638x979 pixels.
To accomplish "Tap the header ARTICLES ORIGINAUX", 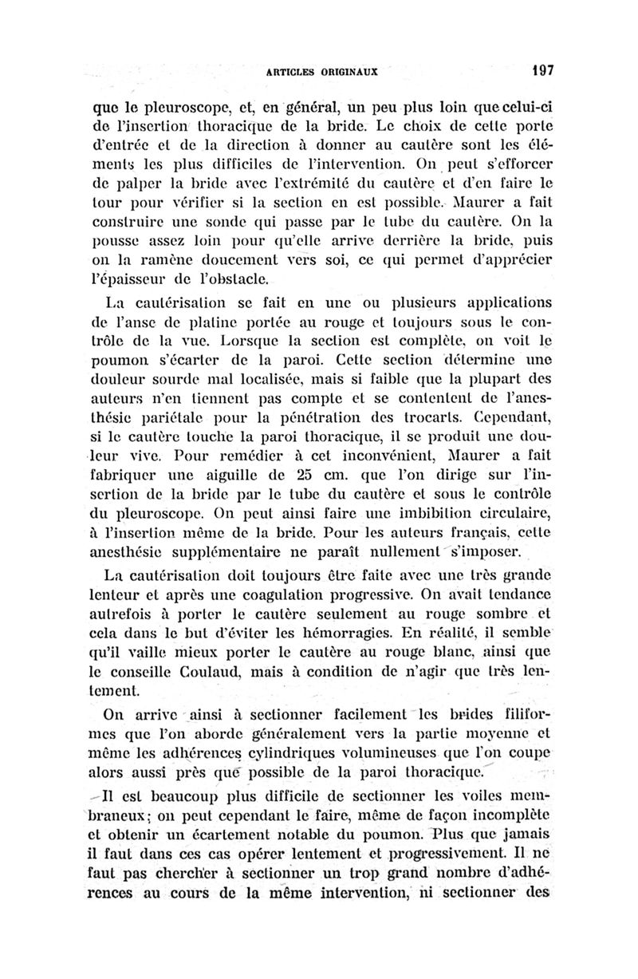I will coord(323,71).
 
